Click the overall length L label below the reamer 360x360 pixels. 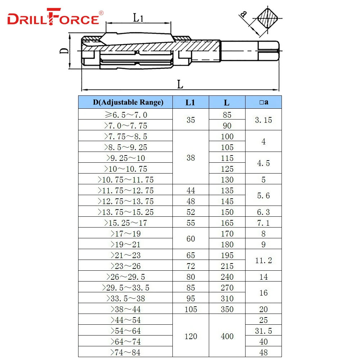coord(180,85)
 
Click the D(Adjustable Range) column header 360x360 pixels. coord(126,102)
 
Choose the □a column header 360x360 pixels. coord(263,102)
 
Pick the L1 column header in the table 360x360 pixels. coord(190,102)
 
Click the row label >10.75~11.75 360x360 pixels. coord(126,179)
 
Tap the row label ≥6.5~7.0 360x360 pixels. coord(126,115)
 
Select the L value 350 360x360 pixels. coord(227,309)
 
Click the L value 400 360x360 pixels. coord(227,336)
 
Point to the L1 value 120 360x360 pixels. coord(190,336)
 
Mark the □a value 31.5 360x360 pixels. coord(263,330)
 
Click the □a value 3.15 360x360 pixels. coord(263,120)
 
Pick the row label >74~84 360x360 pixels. coord(126,352)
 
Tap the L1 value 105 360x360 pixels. coord(190,309)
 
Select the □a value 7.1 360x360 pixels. coord(263,222)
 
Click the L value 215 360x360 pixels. coord(227,266)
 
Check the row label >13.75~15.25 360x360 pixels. coord(126,212)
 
